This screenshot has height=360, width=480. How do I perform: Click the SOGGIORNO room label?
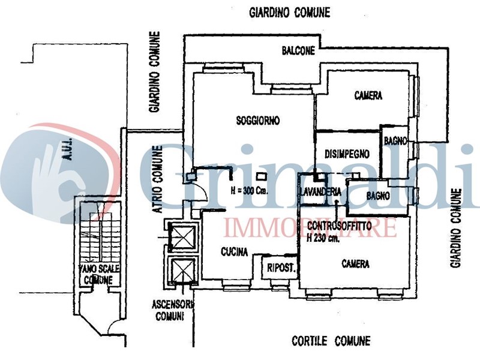[x=258, y=121]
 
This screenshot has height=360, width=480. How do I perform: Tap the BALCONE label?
[x=298, y=50]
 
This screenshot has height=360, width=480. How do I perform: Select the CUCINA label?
[x=234, y=251]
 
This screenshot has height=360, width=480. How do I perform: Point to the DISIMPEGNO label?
[x=347, y=154]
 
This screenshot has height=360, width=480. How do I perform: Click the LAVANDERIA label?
[x=320, y=191]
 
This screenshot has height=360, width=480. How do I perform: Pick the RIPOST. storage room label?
[x=281, y=268]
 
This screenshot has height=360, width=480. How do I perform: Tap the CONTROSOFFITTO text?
[x=339, y=226]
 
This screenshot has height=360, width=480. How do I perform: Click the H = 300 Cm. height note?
[x=250, y=191]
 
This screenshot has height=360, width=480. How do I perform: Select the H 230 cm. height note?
[x=323, y=238]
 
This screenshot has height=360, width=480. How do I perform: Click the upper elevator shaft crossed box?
[x=182, y=237]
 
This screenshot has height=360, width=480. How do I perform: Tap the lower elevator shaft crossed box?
[x=182, y=269]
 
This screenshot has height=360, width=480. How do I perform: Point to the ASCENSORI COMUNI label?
[x=173, y=310]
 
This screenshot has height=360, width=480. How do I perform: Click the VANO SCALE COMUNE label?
[x=99, y=274]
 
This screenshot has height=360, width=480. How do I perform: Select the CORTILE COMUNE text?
[x=331, y=341]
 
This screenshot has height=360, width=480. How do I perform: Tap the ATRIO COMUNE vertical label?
[x=157, y=179]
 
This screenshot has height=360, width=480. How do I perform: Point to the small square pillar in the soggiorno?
[x=262, y=176]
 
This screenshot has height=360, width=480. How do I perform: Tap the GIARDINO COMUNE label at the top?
[x=290, y=13]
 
